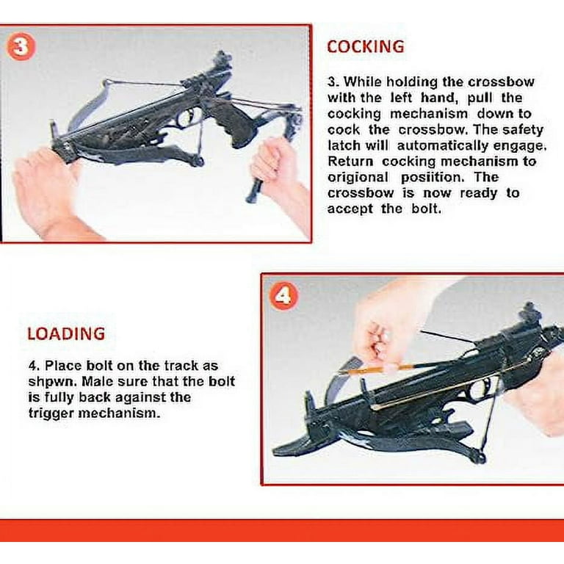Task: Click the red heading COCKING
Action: [366, 47]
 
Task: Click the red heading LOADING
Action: [67, 334]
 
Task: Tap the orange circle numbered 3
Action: [21, 46]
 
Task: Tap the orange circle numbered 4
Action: [283, 296]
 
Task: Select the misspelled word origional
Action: [358, 177]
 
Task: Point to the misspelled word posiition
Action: [430, 177]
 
